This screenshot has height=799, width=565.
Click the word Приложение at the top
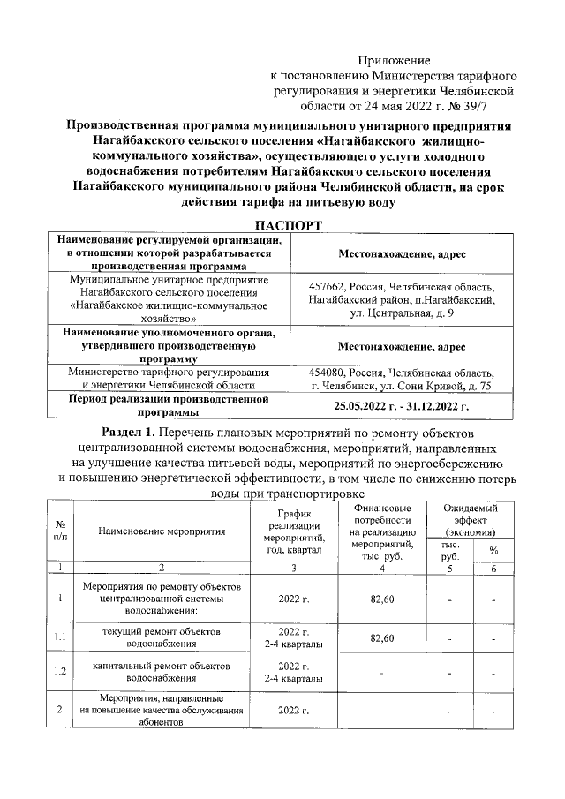click(x=394, y=61)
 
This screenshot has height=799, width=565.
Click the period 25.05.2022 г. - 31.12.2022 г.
click(x=402, y=405)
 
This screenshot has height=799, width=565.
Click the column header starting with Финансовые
click(x=382, y=531)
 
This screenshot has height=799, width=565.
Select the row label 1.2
click(x=59, y=671)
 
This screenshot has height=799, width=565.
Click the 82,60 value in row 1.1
click(x=382, y=637)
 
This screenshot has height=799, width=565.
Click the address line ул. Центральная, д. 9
click(x=402, y=313)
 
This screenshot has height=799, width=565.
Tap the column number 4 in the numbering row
click(x=382, y=569)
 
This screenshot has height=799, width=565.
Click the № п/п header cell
click(x=59, y=531)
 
